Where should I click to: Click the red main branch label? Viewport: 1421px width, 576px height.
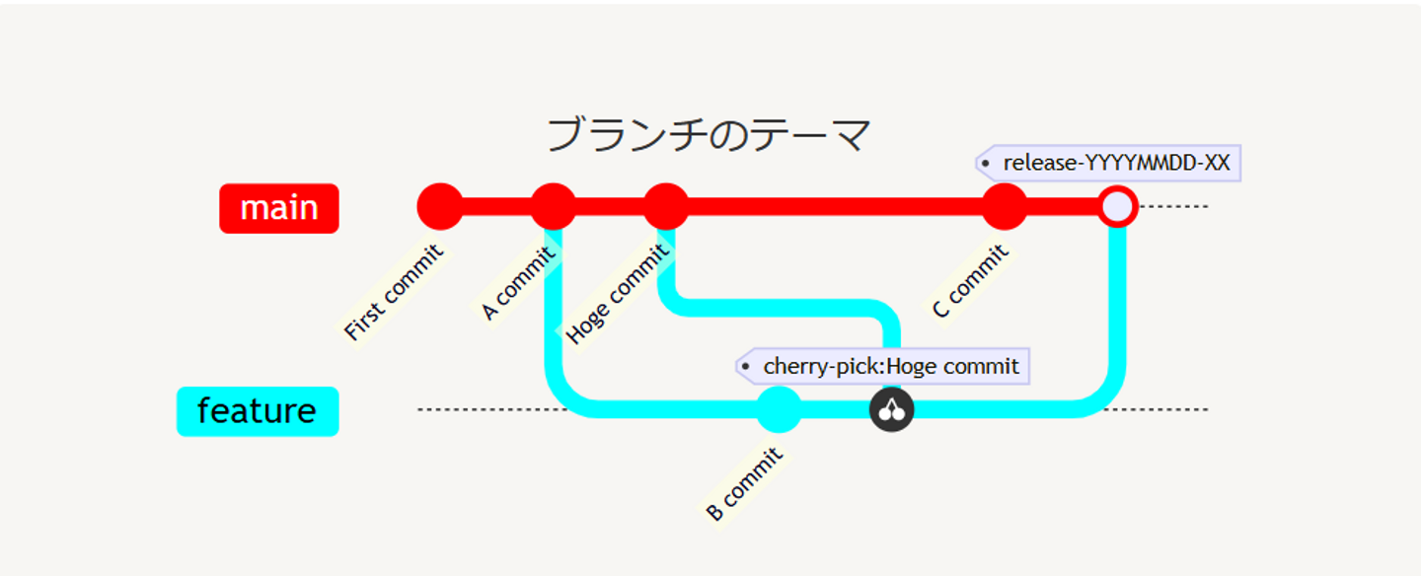point(278,208)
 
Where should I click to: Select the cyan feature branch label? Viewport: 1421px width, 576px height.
point(258,410)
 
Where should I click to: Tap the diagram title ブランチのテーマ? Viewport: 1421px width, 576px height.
point(709,135)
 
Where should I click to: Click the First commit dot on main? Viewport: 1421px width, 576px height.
point(440,207)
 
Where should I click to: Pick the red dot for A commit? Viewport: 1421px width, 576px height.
point(553,207)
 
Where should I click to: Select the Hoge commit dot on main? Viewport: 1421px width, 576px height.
point(666,207)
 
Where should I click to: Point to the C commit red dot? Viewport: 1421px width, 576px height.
point(1005,207)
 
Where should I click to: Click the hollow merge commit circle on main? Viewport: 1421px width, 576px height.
point(1117,207)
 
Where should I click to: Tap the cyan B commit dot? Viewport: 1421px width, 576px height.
point(779,409)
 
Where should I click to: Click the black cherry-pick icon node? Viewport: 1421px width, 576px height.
point(892,409)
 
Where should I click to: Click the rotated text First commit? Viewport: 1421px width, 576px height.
point(394,293)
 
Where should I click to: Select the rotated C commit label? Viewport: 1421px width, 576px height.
point(971,282)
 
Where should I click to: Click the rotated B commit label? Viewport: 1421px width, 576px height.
point(745,484)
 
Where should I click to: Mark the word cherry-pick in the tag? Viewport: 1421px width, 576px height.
point(822,367)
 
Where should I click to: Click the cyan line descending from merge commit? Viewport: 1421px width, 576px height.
point(1117,306)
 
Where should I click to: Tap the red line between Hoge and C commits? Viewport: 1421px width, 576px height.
point(834,207)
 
